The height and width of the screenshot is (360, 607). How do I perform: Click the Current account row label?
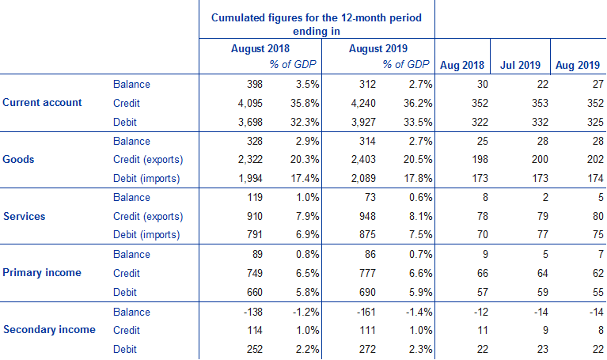(x=53, y=103)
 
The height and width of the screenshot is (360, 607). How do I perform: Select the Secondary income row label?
(x=49, y=329)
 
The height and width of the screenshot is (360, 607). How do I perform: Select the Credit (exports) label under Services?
(x=149, y=217)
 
